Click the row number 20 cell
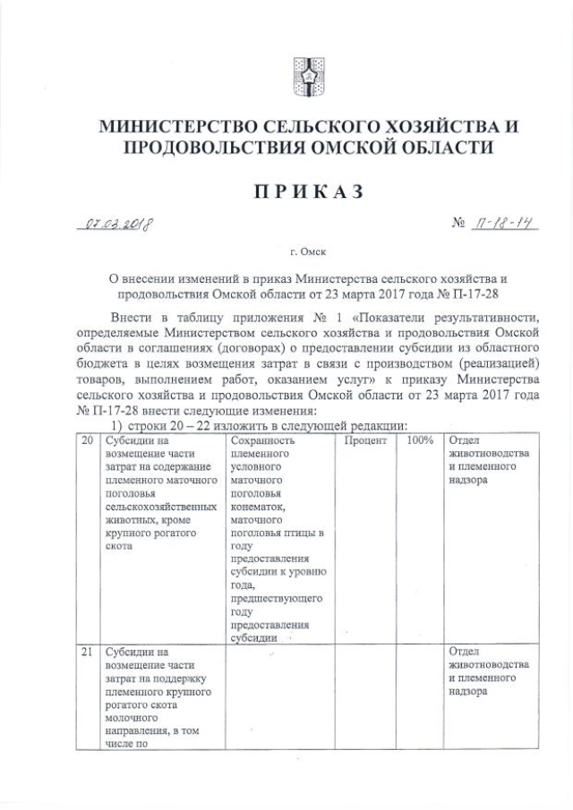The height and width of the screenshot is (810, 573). click(x=87, y=441)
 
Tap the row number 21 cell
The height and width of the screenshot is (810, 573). click(x=87, y=652)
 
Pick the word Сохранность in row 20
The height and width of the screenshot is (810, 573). click(x=262, y=441)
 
